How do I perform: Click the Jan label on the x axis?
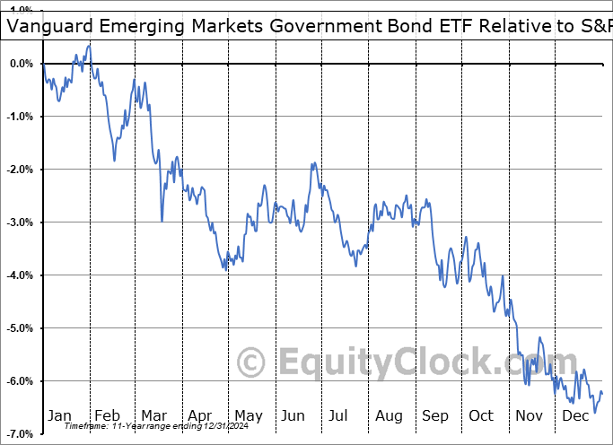click(x=60, y=415)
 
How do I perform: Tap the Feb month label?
click(x=108, y=415)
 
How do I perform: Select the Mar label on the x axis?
click(x=154, y=415)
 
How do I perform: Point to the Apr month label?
click(x=200, y=415)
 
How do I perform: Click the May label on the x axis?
click(x=248, y=415)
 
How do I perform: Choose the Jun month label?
click(x=294, y=415)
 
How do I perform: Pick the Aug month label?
click(x=390, y=415)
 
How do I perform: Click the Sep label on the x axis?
click(x=435, y=415)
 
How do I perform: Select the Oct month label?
click(x=481, y=415)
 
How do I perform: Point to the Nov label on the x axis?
click(x=529, y=415)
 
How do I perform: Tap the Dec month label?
click(x=574, y=415)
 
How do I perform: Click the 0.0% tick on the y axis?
click(x=21, y=64)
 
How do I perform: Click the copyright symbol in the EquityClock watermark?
click(x=252, y=363)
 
